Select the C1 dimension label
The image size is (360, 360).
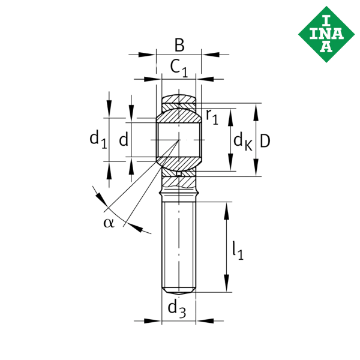coord(178,67)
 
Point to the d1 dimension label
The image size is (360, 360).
coord(98,140)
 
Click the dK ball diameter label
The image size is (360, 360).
coord(242,142)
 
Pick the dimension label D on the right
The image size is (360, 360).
coord(265,140)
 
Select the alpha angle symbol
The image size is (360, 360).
coord(108,223)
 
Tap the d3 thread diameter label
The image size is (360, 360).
coord(177,309)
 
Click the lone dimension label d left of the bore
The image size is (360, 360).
coord(123,141)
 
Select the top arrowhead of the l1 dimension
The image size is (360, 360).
coord(227,209)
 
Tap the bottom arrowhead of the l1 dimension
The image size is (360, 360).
coord(227,287)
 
